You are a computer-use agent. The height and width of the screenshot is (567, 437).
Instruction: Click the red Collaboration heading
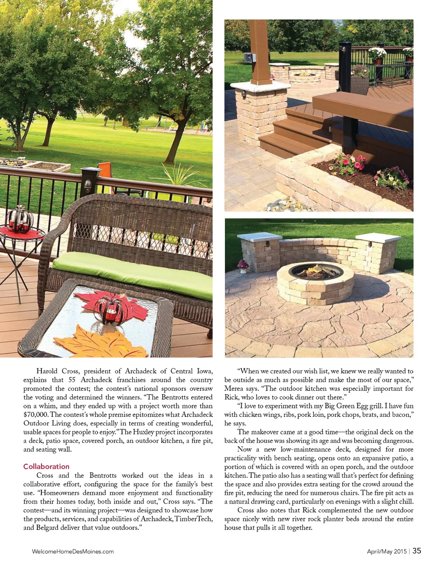coord(46,466)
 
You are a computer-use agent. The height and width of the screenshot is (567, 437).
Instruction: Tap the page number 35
coord(417,551)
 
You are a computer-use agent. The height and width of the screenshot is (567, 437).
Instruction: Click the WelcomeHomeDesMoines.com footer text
coord(73,551)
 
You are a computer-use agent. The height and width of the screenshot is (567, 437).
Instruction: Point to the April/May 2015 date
coord(387,551)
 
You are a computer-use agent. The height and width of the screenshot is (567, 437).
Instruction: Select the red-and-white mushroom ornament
coord(243,265)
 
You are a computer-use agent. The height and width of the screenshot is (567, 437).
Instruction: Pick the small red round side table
coord(21,233)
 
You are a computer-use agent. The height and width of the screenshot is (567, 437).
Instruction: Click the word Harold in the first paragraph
coord(47,371)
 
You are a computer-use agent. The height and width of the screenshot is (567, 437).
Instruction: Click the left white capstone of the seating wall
coord(259,237)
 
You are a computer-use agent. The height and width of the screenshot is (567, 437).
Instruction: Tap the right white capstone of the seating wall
coord(377,237)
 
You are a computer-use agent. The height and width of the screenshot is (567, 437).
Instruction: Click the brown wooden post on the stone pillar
coord(260,51)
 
